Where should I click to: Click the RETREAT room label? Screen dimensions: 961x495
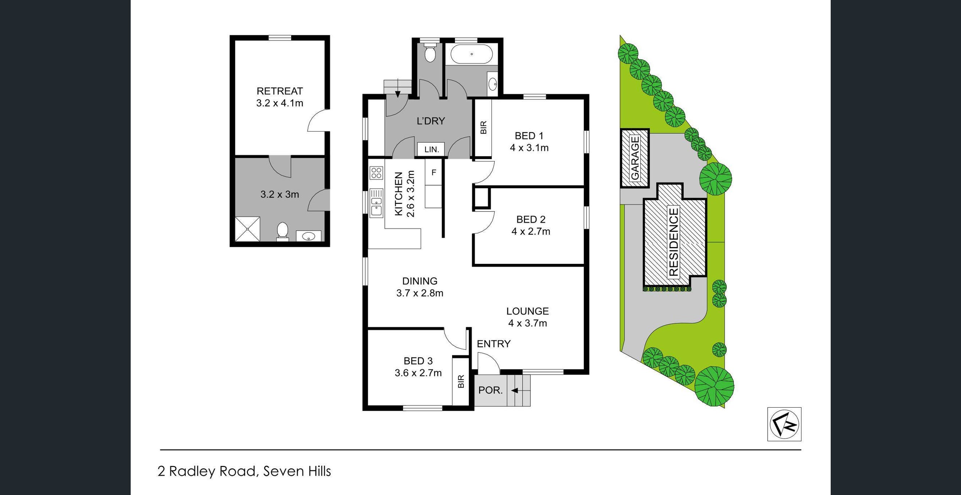click(280, 91)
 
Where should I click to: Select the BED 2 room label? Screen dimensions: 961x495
click(530, 219)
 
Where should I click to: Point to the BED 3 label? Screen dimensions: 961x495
click(418, 361)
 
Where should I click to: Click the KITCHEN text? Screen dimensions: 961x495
click(399, 194)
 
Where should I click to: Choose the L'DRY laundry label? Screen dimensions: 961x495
click(431, 121)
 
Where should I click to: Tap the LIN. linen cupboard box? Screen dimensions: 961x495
click(432, 149)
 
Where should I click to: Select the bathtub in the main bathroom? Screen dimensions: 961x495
click(471, 55)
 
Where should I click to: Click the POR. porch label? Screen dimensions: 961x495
click(491, 390)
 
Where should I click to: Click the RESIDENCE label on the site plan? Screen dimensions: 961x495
click(674, 242)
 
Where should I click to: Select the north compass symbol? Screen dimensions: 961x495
click(784, 424)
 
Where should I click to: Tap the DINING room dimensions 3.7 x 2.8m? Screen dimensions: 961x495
click(420, 293)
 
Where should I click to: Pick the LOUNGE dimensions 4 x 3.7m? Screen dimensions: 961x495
click(527, 323)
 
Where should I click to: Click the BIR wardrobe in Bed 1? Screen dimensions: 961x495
click(483, 128)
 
